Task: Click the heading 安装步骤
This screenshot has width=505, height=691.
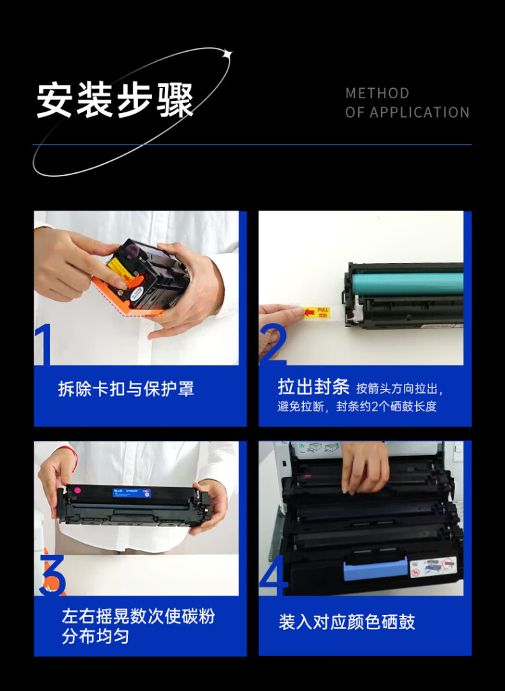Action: click(x=115, y=101)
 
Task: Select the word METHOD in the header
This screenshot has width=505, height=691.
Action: click(x=377, y=94)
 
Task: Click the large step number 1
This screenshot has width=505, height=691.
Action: click(x=44, y=344)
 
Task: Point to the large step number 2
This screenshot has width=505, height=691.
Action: click(x=273, y=344)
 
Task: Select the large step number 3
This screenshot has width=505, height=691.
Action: click(x=53, y=575)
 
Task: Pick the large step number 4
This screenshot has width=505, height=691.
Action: click(x=273, y=575)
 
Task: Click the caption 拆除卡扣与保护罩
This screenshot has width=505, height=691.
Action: click(x=126, y=389)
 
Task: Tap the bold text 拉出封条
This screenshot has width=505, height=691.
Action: click(x=313, y=387)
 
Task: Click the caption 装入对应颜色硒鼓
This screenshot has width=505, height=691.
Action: click(x=347, y=622)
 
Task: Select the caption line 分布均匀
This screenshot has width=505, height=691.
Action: click(x=96, y=636)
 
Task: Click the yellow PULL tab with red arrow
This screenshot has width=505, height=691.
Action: click(x=316, y=312)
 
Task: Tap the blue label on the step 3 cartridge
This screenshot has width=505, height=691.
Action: click(x=128, y=493)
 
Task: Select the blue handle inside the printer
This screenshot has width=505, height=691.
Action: click(x=376, y=569)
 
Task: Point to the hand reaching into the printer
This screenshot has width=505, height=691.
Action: click(x=364, y=465)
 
